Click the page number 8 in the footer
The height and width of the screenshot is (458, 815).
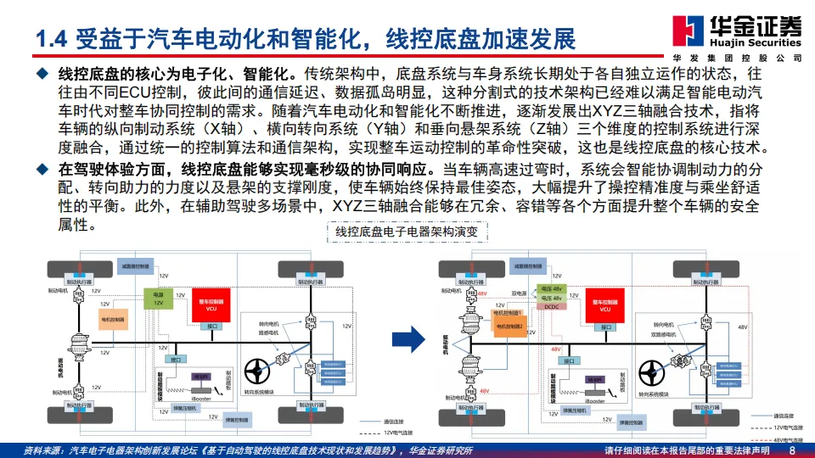click(792, 450)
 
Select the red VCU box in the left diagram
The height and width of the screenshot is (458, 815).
click(211, 305)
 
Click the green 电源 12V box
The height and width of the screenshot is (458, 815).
click(158, 299)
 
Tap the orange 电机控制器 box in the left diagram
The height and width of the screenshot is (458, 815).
click(112, 320)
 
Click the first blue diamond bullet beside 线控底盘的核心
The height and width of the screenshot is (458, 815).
click(41, 74)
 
